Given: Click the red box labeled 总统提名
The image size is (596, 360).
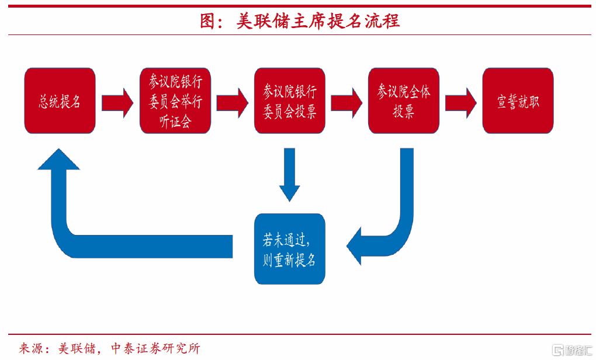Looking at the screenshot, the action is click(x=60, y=101).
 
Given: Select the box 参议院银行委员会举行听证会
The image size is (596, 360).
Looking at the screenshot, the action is click(x=175, y=101).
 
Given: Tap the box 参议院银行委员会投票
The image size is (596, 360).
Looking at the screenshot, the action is click(x=290, y=101).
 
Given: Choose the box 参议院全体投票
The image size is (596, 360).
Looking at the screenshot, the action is click(x=404, y=101).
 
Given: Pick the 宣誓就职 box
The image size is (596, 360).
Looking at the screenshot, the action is click(x=518, y=101).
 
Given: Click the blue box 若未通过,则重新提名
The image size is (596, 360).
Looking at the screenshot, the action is click(x=290, y=249).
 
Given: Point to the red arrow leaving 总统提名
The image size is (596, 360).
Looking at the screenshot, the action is click(x=117, y=103).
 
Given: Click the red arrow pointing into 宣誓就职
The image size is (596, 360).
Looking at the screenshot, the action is click(x=460, y=103).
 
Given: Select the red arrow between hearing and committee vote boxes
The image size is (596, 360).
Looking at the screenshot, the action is click(x=232, y=103).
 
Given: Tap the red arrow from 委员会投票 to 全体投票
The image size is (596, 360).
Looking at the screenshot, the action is click(x=346, y=103).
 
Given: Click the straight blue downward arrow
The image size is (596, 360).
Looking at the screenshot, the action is click(x=290, y=175).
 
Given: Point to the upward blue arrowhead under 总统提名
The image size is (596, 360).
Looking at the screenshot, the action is click(x=59, y=160).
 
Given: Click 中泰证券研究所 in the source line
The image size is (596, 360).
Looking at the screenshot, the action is click(x=155, y=348).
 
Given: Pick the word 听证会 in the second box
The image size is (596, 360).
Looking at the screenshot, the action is click(x=175, y=122).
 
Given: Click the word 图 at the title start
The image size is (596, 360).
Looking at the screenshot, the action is click(x=208, y=21).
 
